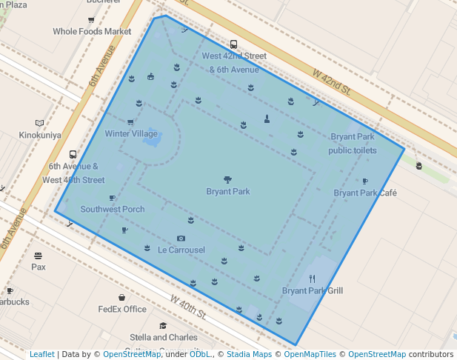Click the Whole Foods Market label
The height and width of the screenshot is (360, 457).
click(x=92, y=32)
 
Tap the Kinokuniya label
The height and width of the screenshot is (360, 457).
click(x=40, y=135)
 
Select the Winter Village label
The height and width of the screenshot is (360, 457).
click(x=131, y=134)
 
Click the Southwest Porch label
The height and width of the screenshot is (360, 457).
click(x=113, y=209)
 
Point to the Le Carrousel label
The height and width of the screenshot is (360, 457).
click(x=181, y=250)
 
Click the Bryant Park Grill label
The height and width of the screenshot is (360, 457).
click(x=313, y=291)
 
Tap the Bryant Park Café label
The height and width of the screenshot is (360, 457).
click(x=365, y=193)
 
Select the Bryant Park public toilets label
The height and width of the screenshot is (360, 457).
click(x=353, y=144)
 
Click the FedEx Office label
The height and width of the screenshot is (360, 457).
click(x=122, y=309)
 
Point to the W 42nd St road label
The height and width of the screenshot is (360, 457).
click(x=330, y=81)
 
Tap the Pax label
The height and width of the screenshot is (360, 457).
click(x=39, y=267)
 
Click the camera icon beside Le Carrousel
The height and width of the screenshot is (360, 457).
click(x=181, y=239)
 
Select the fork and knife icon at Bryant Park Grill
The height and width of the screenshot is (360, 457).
click(x=312, y=279)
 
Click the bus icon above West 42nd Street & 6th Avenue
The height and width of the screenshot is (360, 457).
click(x=234, y=44)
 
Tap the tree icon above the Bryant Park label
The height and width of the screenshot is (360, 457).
click(x=227, y=179)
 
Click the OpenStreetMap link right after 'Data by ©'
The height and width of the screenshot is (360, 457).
click(x=131, y=355)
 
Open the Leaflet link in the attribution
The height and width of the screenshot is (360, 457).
click(x=41, y=355)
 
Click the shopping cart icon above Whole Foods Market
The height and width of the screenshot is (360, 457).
click(x=91, y=21)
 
